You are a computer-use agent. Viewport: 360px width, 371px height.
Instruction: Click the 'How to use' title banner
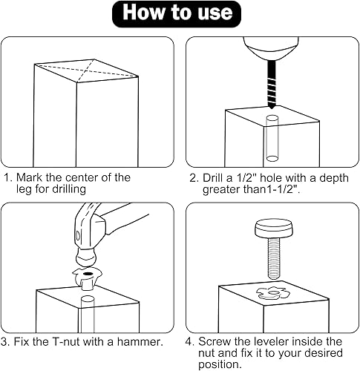point(177,14)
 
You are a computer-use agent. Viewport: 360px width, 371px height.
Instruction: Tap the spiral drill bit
point(272,85)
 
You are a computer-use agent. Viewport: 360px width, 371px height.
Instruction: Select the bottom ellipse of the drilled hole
point(272,158)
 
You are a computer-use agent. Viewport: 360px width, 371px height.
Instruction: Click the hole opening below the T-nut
point(88,298)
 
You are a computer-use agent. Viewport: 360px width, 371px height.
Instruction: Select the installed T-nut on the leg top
point(273,293)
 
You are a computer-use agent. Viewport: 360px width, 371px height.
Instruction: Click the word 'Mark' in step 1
point(30,177)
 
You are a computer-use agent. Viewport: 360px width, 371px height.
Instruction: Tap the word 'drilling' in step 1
point(69,189)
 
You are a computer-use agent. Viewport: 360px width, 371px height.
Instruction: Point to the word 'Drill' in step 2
point(212,178)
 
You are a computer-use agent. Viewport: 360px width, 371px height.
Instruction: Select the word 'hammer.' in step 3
point(140,342)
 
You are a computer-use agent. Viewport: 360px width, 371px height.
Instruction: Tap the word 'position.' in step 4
point(220,364)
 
